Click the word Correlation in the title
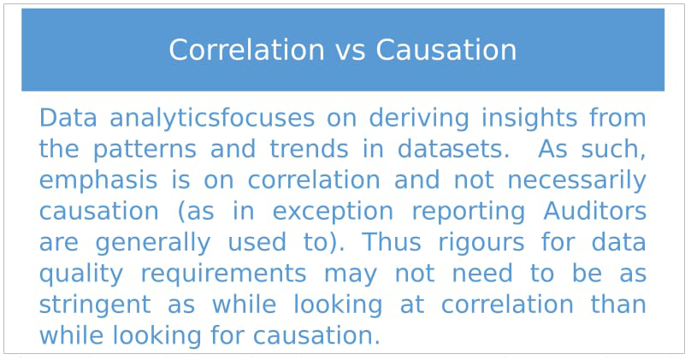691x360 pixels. [247, 50]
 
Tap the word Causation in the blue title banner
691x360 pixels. [446, 50]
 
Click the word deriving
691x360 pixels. [419, 119]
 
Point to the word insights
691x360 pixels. [529, 119]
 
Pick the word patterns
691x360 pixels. [145, 150]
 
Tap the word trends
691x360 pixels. [309, 149]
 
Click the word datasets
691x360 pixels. [453, 149]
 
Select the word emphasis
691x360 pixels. [98, 180]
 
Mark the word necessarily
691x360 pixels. [577, 180]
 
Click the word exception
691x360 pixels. [333, 212]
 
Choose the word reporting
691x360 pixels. [469, 212]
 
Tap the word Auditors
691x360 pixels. [595, 211]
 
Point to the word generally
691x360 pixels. [153, 243]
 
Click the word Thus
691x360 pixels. [392, 242]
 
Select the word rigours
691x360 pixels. [481, 243]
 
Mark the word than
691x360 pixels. [618, 304]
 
